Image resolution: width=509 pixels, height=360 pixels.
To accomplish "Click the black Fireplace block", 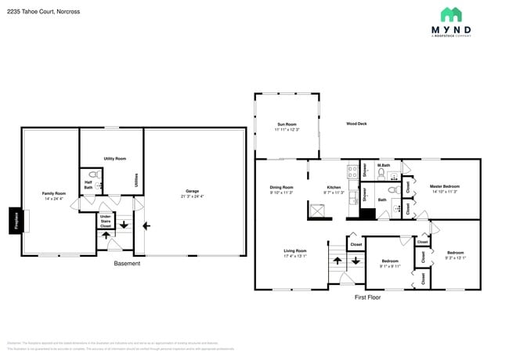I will click(15, 221).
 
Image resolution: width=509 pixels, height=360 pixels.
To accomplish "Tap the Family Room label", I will click(54, 195).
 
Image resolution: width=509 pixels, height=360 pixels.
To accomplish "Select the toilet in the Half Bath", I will click(93, 175).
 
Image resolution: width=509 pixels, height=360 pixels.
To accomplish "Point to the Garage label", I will click(192, 193).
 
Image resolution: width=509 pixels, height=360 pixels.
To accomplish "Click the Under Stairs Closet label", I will click(105, 221).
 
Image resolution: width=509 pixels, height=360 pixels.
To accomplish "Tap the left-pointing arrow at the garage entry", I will click(147, 226).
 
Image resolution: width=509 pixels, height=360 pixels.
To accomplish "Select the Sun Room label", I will click(287, 126).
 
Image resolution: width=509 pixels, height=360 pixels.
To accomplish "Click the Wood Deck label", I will click(357, 124).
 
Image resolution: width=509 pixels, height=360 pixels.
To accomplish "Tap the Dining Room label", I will click(281, 189).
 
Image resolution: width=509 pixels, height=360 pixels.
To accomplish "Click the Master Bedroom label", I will click(444, 188).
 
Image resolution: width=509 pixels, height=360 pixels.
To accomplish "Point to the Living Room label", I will click(295, 253).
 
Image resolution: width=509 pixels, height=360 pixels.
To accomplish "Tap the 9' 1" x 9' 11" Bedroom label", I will click(389, 263).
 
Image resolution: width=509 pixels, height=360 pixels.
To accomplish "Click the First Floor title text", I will click(366, 297).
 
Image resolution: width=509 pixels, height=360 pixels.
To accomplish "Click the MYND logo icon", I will click(451, 14).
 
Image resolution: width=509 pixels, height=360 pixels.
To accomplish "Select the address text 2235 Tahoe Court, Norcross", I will click(38, 11).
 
